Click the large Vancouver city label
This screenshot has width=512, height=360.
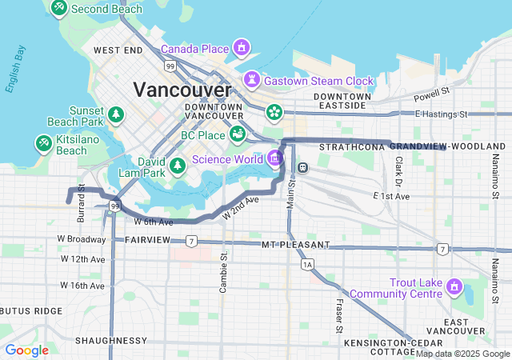(182, 90)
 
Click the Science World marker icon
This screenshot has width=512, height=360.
(276, 158)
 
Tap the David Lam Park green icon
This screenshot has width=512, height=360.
(178, 166)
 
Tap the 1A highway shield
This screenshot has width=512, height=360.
(306, 263)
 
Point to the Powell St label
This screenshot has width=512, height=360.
(433, 98)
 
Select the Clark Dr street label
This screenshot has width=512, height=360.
(398, 166)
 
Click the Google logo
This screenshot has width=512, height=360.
(26, 350)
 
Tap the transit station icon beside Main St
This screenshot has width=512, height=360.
(303, 166)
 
